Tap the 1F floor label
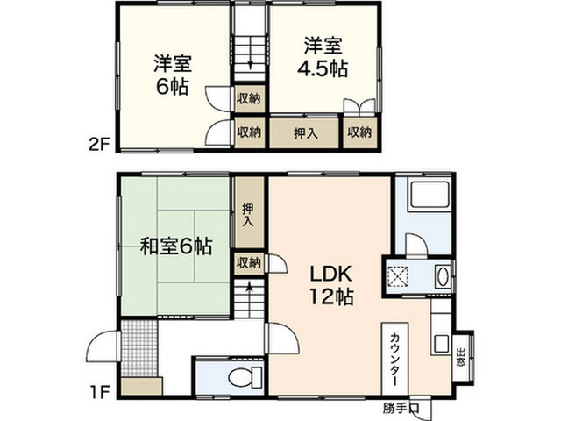pyautogui.click(x=99, y=393)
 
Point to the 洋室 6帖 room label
pyautogui.click(x=173, y=75)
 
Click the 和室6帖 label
pyautogui.click(x=176, y=246)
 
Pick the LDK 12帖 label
pyautogui.click(x=331, y=285)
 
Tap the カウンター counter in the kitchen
pyautogui.click(x=395, y=359)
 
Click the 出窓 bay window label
pyautogui.click(x=461, y=358)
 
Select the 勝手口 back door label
pyautogui.click(x=401, y=408)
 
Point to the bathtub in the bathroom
pyautogui.click(x=430, y=196)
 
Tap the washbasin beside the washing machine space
pyautogui.click(x=443, y=277)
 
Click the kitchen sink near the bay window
pyautogui.click(x=442, y=343)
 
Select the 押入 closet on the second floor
pyautogui.click(x=304, y=133)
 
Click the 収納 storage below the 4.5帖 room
pyautogui.click(x=359, y=132)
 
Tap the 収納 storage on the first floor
pyautogui.click(x=249, y=263)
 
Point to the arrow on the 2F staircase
pyautogui.click(x=251, y=56)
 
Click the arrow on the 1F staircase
pyautogui.click(x=249, y=295)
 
